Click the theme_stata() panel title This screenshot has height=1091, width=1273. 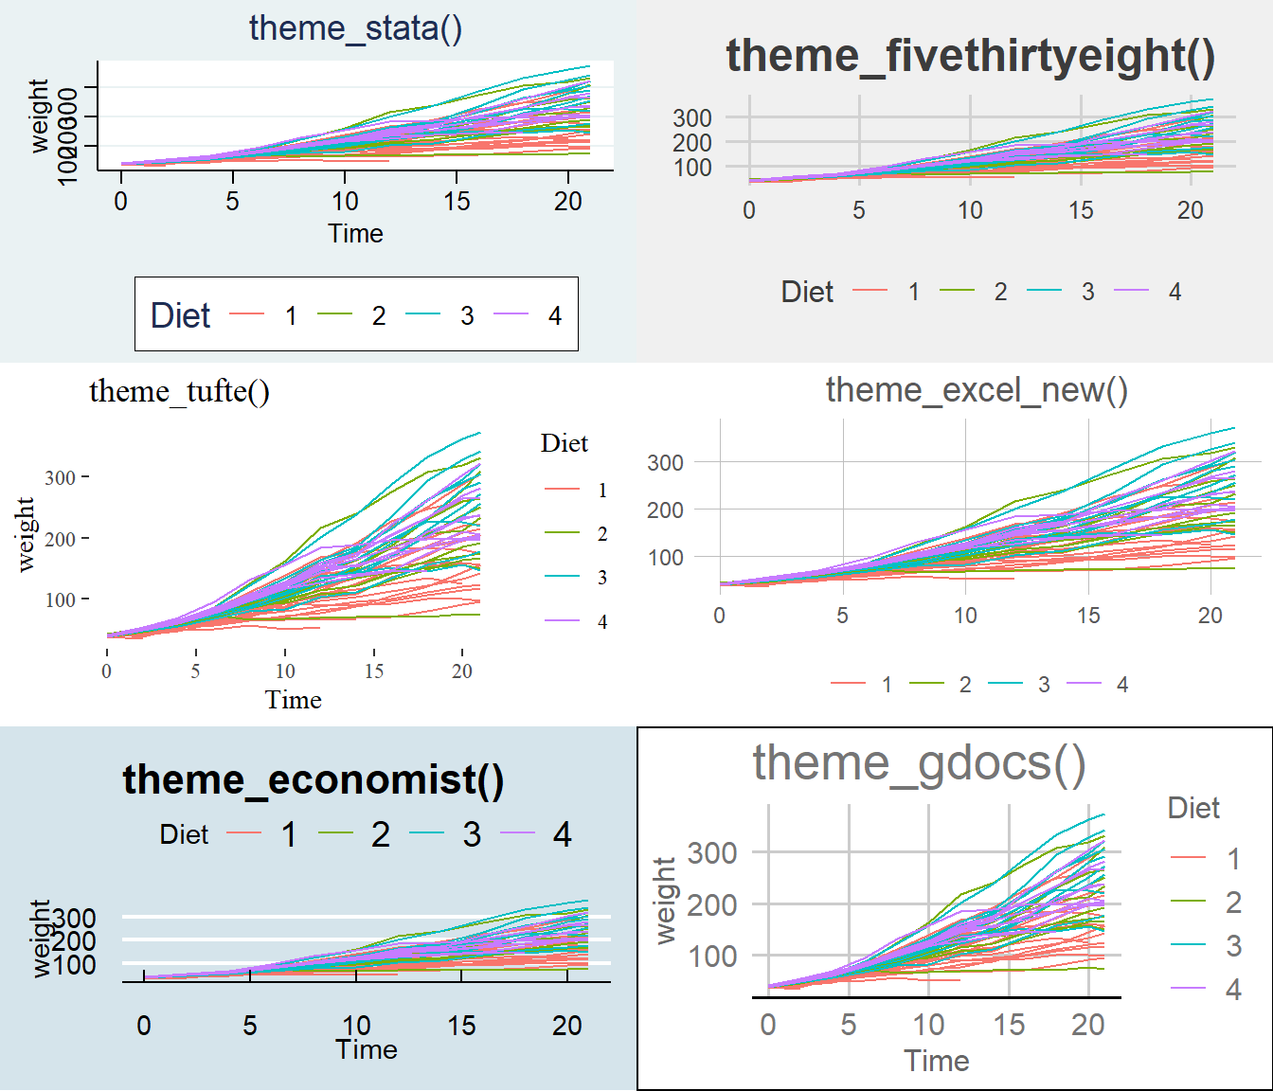click(x=355, y=28)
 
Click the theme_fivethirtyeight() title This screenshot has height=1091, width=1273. click(x=970, y=56)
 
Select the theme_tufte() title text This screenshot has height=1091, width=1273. click(x=179, y=391)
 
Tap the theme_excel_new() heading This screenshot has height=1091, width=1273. click(x=977, y=389)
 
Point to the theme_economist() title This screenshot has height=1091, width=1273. click(x=313, y=779)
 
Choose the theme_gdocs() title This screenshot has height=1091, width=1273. click(x=919, y=763)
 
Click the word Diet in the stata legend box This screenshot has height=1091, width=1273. click(x=180, y=315)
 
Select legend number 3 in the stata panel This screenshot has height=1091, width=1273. click(x=467, y=315)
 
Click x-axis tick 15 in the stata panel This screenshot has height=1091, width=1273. click(x=457, y=201)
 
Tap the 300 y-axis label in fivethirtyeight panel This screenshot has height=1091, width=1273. click(x=692, y=118)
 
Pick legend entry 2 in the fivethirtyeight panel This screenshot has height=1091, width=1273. click(x=1000, y=292)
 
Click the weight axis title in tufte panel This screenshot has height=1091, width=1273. click(x=26, y=534)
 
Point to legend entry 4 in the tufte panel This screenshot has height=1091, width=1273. click(x=602, y=622)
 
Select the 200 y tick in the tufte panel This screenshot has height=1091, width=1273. click(x=60, y=539)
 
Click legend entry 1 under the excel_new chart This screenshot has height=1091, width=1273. click(x=887, y=685)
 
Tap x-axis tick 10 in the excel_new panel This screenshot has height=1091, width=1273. click(x=964, y=616)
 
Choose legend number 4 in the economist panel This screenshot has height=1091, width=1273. click(x=562, y=834)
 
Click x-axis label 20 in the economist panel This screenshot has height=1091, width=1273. click(x=567, y=1026)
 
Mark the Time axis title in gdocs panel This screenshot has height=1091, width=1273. click(x=936, y=1061)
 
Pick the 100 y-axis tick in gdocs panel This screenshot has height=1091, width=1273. click(x=712, y=957)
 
